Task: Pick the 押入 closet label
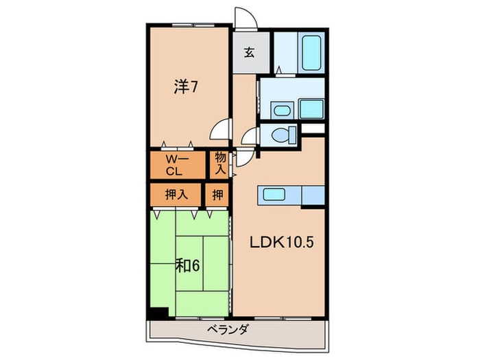click(176, 195)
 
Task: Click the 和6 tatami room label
click(187, 265)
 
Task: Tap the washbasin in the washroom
click(280, 110)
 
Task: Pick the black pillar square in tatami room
click(159, 313)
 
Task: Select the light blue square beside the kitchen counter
click(312, 195)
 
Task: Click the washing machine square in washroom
click(312, 109)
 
